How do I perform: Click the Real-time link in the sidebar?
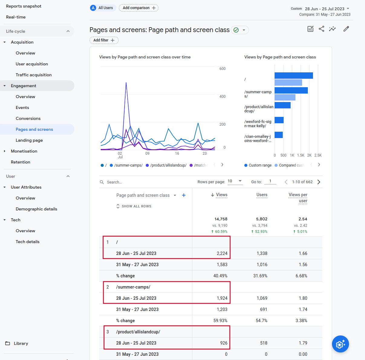pos(16,17)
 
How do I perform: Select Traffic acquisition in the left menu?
pos(34,75)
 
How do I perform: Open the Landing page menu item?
pos(29,140)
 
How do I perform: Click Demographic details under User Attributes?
pos(36,209)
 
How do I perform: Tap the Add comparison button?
pos(139,8)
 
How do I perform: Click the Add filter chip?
pos(104,40)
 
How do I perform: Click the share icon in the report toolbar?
pos(321,29)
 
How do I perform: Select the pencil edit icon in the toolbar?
pos(346,29)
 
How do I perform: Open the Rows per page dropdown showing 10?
pos(235,181)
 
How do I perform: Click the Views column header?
pos(221,195)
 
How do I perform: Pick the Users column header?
pos(262,195)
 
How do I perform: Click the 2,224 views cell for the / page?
pos(222,253)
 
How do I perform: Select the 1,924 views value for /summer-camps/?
pos(222,298)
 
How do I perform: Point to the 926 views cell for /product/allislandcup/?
pos(224,343)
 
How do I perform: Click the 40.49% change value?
pos(220,276)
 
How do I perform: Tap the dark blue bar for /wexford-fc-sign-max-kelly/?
pos(279,120)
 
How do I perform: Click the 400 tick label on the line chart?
pos(222,97)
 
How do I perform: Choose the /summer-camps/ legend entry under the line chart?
pos(126,165)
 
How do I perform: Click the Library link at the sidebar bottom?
pos(21,343)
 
